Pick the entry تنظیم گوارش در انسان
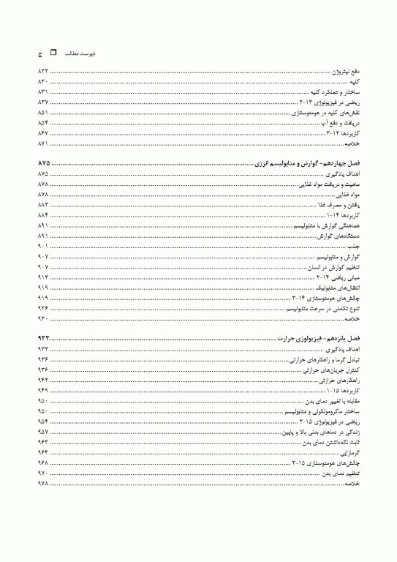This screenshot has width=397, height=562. coord(333,269)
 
